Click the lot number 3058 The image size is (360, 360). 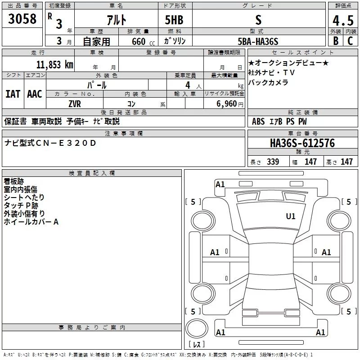click(x=22, y=19)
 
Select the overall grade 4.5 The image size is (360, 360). click(x=342, y=20)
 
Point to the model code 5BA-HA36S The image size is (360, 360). click(x=258, y=41)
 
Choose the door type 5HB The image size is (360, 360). click(x=174, y=20)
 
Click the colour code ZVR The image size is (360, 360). click(x=75, y=103)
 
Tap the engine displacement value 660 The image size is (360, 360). click(x=139, y=41)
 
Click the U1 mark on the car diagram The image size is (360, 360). click(x=291, y=216)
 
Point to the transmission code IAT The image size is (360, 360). click(x=13, y=94)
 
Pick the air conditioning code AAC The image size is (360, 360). click(x=35, y=94)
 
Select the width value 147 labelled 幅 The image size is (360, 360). click(x=311, y=162)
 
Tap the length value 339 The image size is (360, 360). click(x=273, y=162)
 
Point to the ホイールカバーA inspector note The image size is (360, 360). click(x=31, y=222)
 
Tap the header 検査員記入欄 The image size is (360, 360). click(x=92, y=173)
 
